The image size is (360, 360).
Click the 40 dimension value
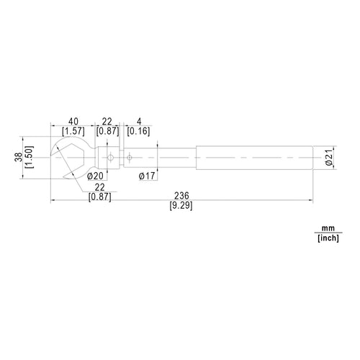(x=73, y=122)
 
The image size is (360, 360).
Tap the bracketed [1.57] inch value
(x=73, y=131)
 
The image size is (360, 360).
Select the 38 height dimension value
(x=19, y=157)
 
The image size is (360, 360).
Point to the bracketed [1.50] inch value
(x=30, y=157)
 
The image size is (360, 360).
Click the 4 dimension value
(x=139, y=122)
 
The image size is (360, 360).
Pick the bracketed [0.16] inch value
(x=138, y=131)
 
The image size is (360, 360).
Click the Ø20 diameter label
(x=95, y=176)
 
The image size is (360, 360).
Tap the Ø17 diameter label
(x=147, y=176)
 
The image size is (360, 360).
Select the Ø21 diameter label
(x=329, y=157)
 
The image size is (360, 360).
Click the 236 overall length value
(x=181, y=196)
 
